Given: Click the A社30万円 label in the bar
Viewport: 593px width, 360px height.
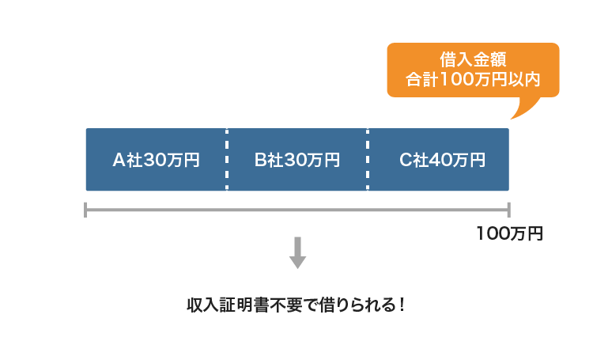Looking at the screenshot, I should tap(156, 160).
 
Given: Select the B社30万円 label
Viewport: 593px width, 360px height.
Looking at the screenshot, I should tap(297, 160).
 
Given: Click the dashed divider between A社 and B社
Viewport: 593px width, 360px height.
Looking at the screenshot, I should tap(226, 159).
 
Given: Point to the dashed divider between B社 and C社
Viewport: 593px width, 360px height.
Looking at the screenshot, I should tap(368, 159).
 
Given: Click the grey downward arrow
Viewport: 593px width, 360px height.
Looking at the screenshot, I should tap(297, 252).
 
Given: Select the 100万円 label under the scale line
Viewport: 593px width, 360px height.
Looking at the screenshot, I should tap(510, 233).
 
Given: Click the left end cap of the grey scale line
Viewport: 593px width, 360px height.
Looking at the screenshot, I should tap(85, 210).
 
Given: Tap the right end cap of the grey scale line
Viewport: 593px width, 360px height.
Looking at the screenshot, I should tap(508, 210).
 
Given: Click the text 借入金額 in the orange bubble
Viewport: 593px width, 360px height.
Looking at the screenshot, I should tap(473, 60).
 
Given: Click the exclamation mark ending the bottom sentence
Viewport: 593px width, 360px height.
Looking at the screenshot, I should tap(402, 305).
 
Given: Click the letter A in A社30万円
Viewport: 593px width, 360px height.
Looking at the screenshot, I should tap(120, 160).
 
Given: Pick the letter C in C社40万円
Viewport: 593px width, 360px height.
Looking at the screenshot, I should tap(406, 160).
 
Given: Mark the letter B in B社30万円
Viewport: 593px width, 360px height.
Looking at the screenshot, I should tap(261, 160).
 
